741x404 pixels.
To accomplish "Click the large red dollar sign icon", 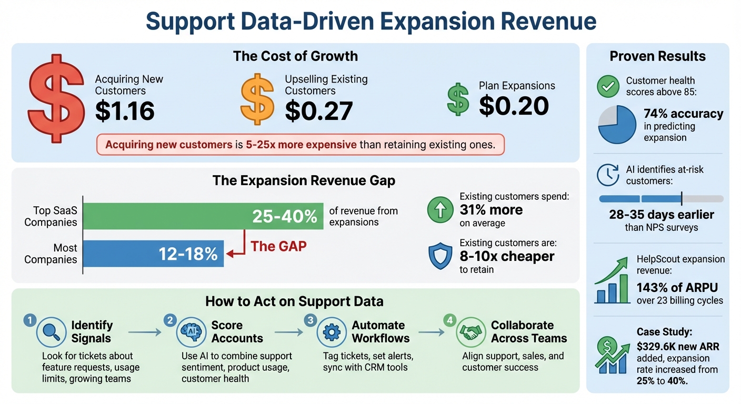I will (56, 105).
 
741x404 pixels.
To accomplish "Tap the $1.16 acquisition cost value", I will (125, 110).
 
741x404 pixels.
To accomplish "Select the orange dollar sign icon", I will (257, 99).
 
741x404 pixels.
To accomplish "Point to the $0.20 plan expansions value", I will (514, 106).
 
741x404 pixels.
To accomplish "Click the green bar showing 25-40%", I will (203, 216).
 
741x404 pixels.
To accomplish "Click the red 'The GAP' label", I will (278, 246).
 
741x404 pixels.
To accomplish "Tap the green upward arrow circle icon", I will (440, 210).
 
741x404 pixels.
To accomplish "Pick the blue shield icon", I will (440, 256).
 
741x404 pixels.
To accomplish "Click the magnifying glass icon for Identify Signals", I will (51, 332).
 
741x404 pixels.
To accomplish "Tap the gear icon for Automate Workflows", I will (332, 332).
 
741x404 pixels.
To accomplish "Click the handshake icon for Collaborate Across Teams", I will (470, 332).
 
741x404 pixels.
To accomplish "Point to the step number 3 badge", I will (310, 319).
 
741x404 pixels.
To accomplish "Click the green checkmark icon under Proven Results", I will (608, 86).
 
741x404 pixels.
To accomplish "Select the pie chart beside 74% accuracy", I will (617, 124).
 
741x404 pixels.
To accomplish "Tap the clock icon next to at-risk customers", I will (608, 175).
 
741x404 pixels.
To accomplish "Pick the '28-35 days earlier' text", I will (661, 215).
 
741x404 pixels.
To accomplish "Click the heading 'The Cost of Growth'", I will (295, 56).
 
